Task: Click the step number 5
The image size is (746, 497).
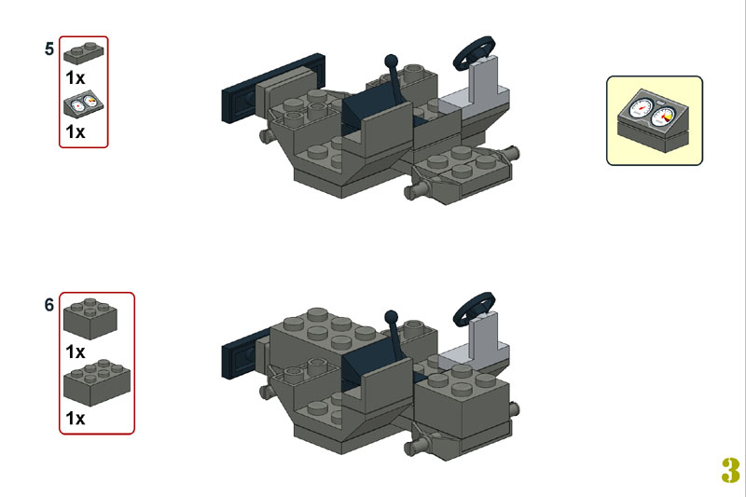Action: coord(49,49)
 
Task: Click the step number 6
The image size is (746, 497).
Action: coord(49,305)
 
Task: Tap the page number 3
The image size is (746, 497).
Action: coord(730,470)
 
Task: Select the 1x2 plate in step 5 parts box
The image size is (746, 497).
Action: coord(84,53)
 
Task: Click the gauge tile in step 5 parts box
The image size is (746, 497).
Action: coord(84,104)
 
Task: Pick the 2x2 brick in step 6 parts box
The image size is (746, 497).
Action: coord(90,318)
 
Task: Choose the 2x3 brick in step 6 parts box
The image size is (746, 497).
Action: coord(97,382)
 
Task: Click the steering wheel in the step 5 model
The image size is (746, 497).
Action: coord(474,52)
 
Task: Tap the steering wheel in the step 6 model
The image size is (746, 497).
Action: coord(474,309)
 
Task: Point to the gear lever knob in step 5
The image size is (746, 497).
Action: coord(391,61)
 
